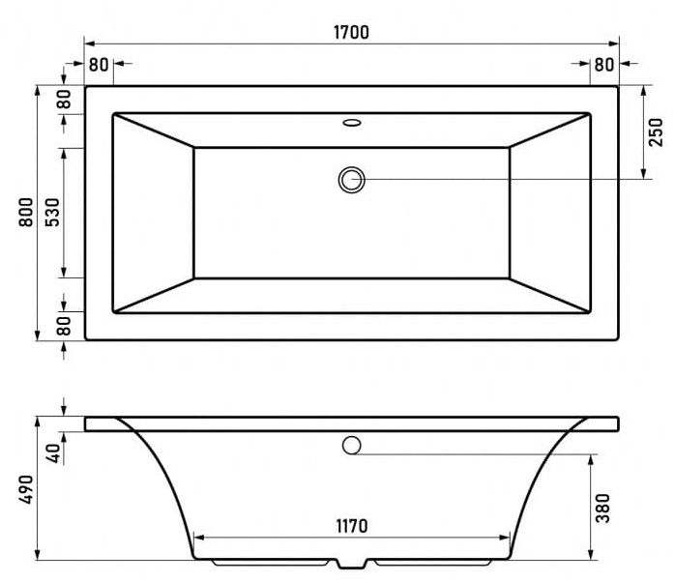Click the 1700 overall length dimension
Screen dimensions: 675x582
click(x=351, y=33)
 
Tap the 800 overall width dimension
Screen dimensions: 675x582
click(x=26, y=212)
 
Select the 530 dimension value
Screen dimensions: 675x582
click(x=52, y=213)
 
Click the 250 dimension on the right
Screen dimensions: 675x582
click(x=656, y=132)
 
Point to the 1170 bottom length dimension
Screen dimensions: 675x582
click(x=352, y=526)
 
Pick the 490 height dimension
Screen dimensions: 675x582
click(x=26, y=489)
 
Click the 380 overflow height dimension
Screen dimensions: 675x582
click(x=602, y=508)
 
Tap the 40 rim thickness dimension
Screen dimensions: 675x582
click(x=54, y=453)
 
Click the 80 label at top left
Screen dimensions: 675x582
click(x=99, y=65)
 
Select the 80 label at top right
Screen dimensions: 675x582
click(x=604, y=65)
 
